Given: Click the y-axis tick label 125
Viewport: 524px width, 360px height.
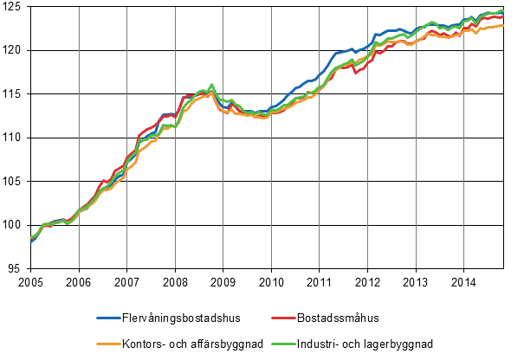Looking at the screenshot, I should (x=14, y=7).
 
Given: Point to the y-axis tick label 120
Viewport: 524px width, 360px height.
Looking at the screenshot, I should (x=14, y=50).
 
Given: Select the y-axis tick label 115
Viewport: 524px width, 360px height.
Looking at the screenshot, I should (x=14, y=93).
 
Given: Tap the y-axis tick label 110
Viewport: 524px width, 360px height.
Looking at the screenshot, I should (x=14, y=138).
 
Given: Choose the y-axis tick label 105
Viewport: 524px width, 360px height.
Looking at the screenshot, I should (x=14, y=182).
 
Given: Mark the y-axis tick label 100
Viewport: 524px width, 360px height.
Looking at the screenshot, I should (x=14, y=225).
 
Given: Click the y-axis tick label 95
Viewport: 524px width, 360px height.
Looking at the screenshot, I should (x=16, y=268).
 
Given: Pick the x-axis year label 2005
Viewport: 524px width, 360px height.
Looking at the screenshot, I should (x=30, y=281).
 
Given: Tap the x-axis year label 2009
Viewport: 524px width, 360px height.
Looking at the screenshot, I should (x=223, y=281).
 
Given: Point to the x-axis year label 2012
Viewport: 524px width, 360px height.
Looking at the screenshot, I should (x=368, y=281).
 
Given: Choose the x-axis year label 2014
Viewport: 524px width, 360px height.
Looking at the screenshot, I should (x=464, y=281).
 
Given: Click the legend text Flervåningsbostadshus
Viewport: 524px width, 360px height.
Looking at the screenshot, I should (x=184, y=318).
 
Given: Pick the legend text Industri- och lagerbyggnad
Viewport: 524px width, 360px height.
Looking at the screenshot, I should (x=377, y=344).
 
